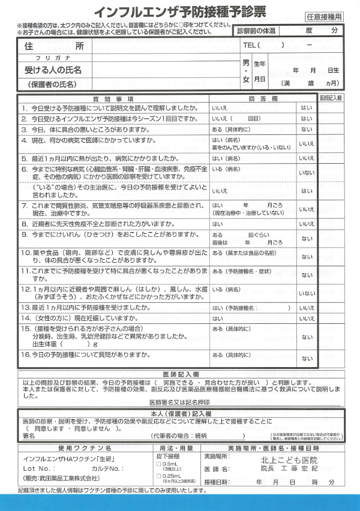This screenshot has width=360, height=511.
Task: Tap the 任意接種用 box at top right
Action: (x=324, y=17)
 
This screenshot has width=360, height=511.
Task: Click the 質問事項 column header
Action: (x=113, y=98)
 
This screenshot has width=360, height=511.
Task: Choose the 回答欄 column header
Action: (x=262, y=98)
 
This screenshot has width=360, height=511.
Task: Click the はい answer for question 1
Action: (x=306, y=108)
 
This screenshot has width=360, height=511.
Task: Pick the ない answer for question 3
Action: (x=306, y=129)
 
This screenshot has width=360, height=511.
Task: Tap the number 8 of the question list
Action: (x=25, y=223)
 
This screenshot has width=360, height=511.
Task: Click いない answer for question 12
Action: (x=306, y=293)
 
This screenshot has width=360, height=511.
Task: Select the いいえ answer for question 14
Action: (x=306, y=318)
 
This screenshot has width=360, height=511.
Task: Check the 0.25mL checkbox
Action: (x=158, y=476)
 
